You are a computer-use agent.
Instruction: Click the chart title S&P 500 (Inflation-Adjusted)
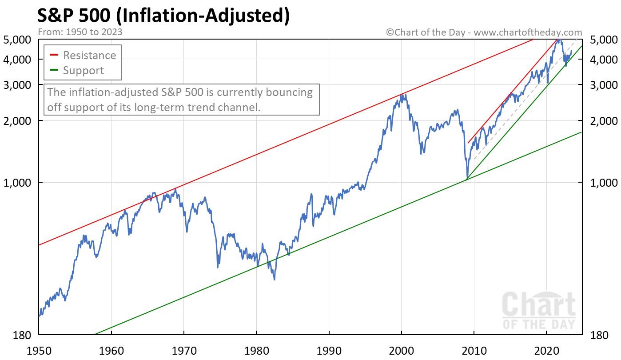pos(163,15)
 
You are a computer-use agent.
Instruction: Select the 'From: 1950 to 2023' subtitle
pos(80,32)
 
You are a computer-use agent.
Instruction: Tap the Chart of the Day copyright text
pos(484,32)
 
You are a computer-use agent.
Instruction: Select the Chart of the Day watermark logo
pos(538,310)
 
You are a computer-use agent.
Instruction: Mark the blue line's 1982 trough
pos(275,279)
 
